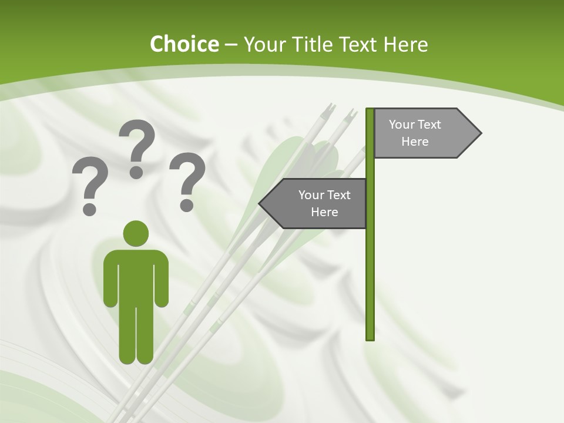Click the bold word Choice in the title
pos(184,44)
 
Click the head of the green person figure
pos(136,233)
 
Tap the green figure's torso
pos(136,276)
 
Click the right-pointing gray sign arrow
pos(423,133)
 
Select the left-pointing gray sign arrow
pos(317,203)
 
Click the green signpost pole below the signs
pos(370,282)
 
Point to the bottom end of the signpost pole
pos(370,338)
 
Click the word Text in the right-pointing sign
pos(430,125)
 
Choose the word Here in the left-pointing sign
pos(324,212)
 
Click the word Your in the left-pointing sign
pos(310,195)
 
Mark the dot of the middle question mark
pos(136,172)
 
